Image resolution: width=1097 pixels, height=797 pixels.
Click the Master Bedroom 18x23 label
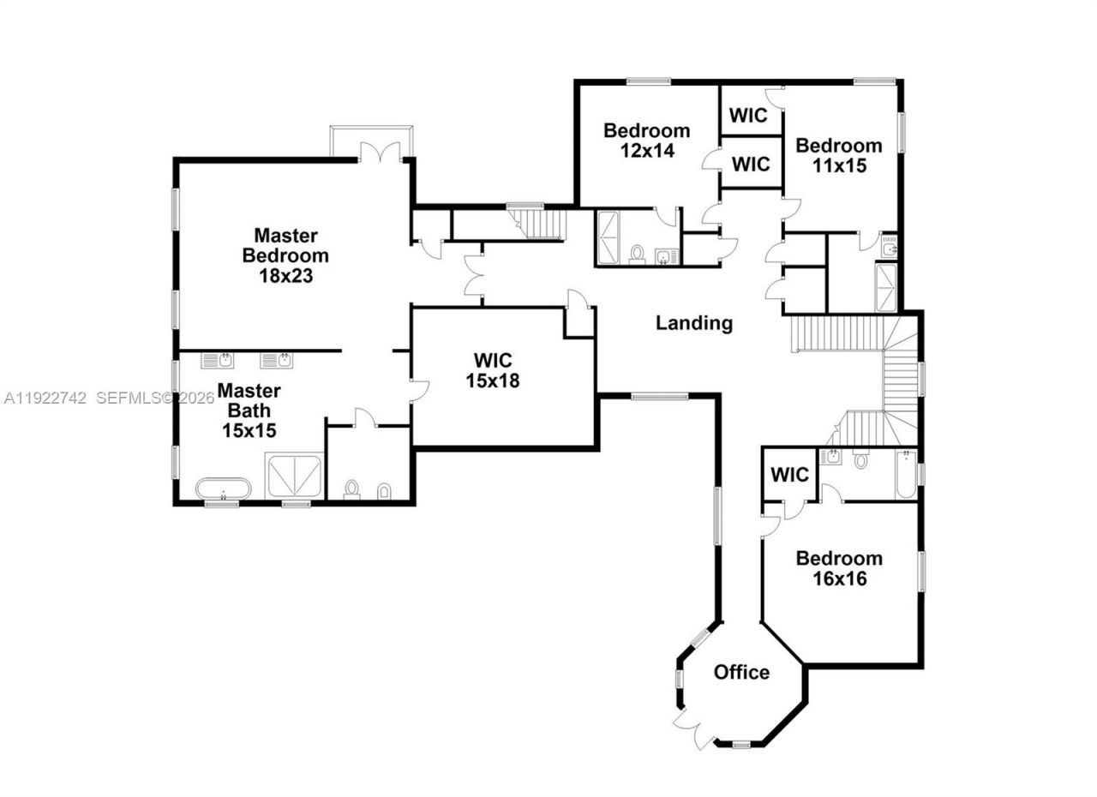click(285, 255)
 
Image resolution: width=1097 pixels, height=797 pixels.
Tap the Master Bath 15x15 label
click(249, 410)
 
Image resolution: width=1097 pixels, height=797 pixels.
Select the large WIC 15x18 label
click(493, 370)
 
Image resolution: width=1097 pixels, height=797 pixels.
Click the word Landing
click(694, 323)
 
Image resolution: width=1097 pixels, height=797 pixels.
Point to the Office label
click(741, 673)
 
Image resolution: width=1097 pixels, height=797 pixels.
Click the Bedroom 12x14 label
click(646, 141)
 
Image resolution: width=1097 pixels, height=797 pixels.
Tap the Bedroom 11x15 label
click(838, 155)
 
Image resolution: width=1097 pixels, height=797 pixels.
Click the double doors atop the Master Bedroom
click(381, 153)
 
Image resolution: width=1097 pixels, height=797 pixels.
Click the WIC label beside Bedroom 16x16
click(789, 475)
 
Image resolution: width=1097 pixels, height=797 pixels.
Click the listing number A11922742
click(45, 398)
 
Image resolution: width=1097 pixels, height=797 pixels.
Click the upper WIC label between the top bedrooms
click(749, 115)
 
